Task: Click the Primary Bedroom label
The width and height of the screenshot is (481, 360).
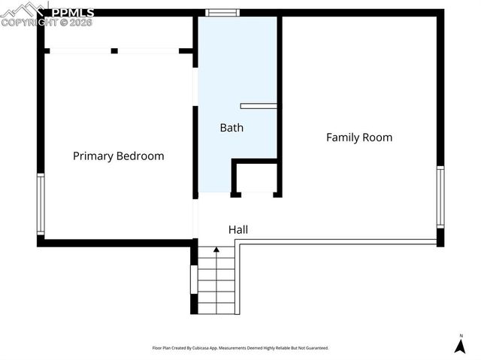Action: (x=118, y=156)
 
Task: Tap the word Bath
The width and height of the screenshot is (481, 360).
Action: (x=231, y=128)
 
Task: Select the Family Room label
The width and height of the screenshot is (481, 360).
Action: (x=358, y=138)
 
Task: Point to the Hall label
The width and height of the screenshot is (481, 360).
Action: (x=237, y=230)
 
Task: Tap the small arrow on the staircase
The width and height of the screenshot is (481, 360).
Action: (x=216, y=249)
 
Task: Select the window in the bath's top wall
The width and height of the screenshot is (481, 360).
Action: (x=223, y=12)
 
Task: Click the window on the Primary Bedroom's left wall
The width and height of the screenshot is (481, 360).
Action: (x=41, y=204)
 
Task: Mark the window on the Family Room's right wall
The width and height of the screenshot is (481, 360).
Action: (x=440, y=197)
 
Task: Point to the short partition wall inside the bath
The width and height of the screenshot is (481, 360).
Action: (x=259, y=106)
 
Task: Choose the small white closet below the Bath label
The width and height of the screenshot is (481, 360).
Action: (x=256, y=178)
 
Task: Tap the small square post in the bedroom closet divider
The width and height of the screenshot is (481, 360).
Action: (x=114, y=50)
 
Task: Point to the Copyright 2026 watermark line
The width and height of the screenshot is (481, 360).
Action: (x=47, y=23)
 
